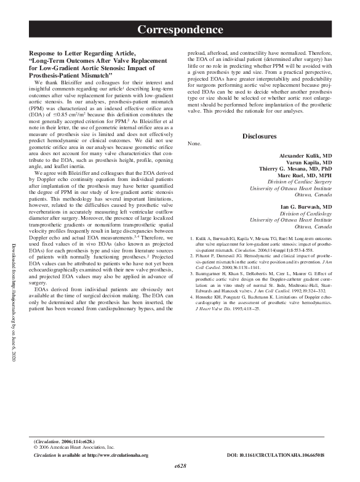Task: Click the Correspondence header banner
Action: tap(180, 30)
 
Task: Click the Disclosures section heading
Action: tap(259, 136)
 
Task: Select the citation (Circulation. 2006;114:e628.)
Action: tap(63, 441)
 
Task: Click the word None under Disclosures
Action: tap(193, 144)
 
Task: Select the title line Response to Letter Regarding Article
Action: tap(89, 54)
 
